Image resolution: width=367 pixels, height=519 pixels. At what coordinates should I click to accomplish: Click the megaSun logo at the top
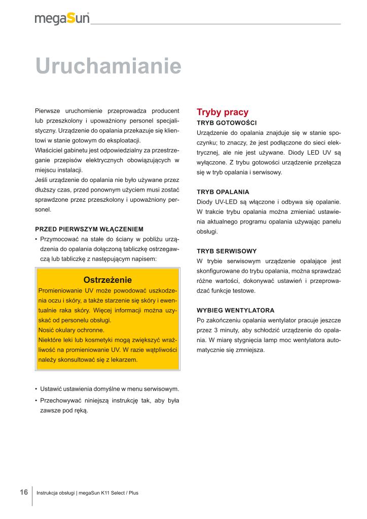click(x=62, y=18)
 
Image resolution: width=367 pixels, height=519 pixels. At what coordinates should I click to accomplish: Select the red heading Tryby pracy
click(x=223, y=112)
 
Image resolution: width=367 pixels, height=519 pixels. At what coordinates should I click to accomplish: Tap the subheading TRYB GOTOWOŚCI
click(x=227, y=123)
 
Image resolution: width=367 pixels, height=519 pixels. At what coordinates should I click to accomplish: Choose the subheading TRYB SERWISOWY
click(x=226, y=251)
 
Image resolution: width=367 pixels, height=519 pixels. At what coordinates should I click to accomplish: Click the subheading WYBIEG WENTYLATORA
click(x=236, y=310)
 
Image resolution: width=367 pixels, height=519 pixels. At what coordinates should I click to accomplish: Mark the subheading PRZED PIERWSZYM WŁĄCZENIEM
click(x=89, y=229)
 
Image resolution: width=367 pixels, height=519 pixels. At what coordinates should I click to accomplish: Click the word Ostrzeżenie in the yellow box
click(x=107, y=280)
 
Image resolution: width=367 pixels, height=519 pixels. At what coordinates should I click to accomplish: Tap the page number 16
click(x=24, y=492)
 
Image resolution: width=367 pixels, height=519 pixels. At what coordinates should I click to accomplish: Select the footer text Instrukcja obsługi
click(x=60, y=493)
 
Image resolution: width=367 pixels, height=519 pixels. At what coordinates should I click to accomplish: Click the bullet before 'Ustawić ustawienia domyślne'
click(x=36, y=389)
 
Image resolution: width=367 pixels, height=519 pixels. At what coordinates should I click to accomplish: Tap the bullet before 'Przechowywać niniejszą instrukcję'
click(x=36, y=401)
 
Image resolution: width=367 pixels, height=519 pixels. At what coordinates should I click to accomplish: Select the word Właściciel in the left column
click(x=49, y=150)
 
